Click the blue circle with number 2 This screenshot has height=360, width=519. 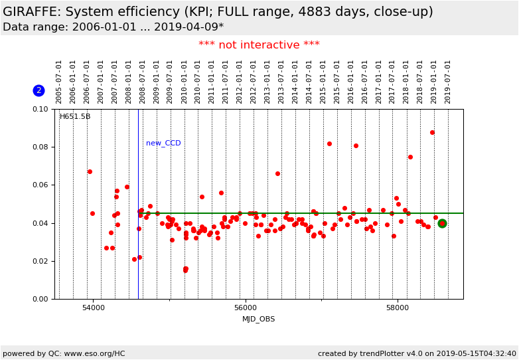click(x=38, y=90)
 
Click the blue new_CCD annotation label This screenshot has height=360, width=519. click(x=163, y=143)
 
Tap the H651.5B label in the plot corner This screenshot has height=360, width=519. click(x=75, y=117)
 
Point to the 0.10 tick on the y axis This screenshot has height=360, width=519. click(x=40, y=109)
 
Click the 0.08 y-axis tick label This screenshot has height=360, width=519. click(x=40, y=147)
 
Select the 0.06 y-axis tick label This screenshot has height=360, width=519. click(x=40, y=185)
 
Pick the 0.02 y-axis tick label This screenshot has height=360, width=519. click(x=40, y=261)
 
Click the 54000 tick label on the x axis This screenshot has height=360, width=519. click(x=93, y=308)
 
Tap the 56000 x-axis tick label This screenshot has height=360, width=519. click(x=246, y=308)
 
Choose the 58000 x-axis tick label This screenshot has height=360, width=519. click(x=398, y=308)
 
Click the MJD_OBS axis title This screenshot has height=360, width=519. click(x=259, y=319)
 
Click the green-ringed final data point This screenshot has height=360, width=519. click(x=442, y=224)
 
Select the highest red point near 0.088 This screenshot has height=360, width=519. click(x=432, y=132)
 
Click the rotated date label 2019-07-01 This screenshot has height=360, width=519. click(x=448, y=82)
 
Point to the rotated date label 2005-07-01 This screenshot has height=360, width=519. click(x=59, y=82)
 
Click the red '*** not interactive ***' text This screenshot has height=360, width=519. click(x=259, y=45)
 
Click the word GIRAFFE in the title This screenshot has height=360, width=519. click(x=30, y=12)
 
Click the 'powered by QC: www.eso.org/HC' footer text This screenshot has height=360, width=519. click(x=64, y=353)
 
